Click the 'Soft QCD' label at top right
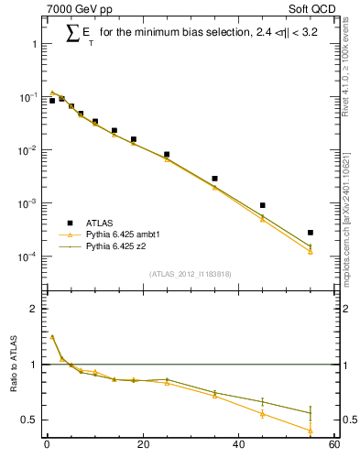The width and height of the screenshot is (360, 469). pos(315,10)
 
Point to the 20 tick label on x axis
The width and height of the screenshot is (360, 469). pos(143,446)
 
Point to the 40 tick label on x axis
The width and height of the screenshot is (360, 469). pos(239,446)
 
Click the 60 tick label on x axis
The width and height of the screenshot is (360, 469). pos(334,446)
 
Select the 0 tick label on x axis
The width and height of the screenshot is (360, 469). pos(47,446)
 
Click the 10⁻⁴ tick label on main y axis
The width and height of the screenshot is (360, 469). pos(27,256)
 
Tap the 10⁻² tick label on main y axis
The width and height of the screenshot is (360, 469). pos(27,150)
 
